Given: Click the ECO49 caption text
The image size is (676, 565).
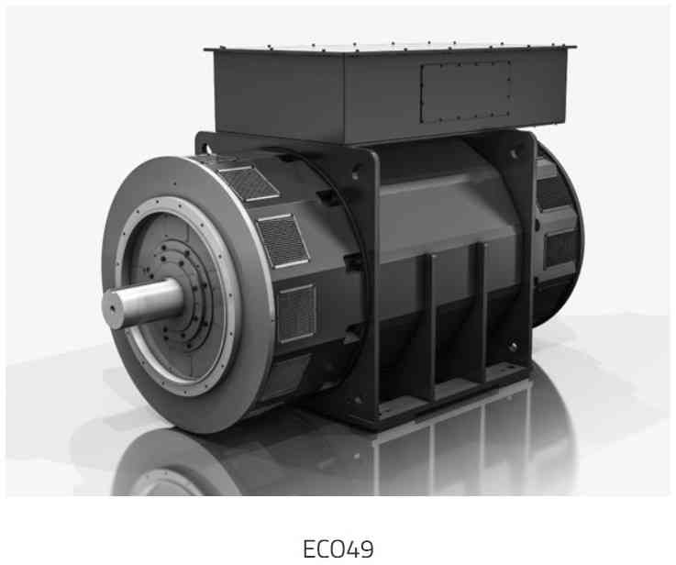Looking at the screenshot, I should [338, 548].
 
